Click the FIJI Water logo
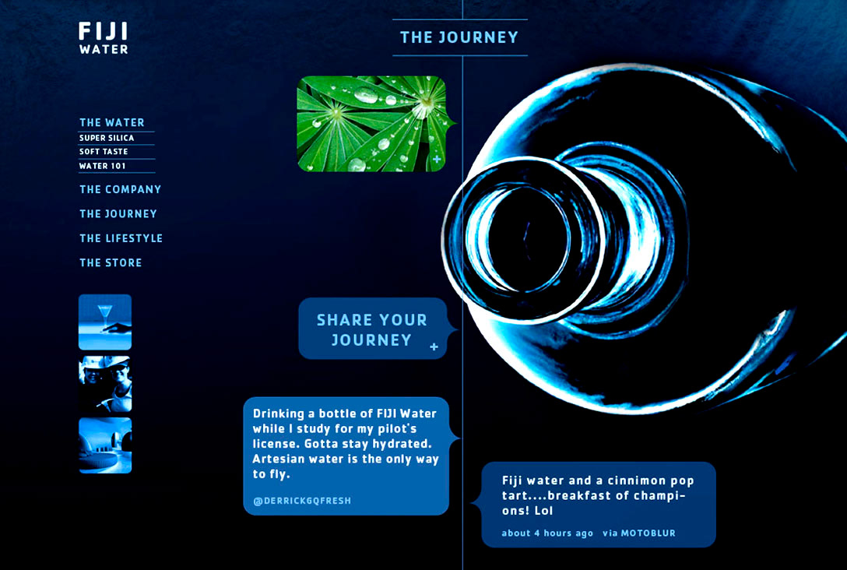[x=104, y=38]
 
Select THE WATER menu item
[x=112, y=123]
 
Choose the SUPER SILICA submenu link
[x=107, y=138]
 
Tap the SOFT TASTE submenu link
[x=104, y=152]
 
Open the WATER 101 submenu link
[x=102, y=166]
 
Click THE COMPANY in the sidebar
[x=120, y=190]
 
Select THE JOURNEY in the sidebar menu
[x=118, y=214]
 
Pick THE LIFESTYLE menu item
[x=121, y=238]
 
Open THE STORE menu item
[x=111, y=262]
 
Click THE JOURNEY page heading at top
[x=459, y=37]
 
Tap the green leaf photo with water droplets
[x=371, y=124]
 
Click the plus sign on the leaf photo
[x=437, y=160]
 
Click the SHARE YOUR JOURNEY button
[x=373, y=329]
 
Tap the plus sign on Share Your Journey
[x=434, y=347]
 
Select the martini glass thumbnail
[x=105, y=322]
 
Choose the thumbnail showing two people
[x=105, y=384]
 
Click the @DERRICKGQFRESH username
[x=302, y=501]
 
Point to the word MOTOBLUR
[x=648, y=533]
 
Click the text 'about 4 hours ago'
[x=547, y=533]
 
